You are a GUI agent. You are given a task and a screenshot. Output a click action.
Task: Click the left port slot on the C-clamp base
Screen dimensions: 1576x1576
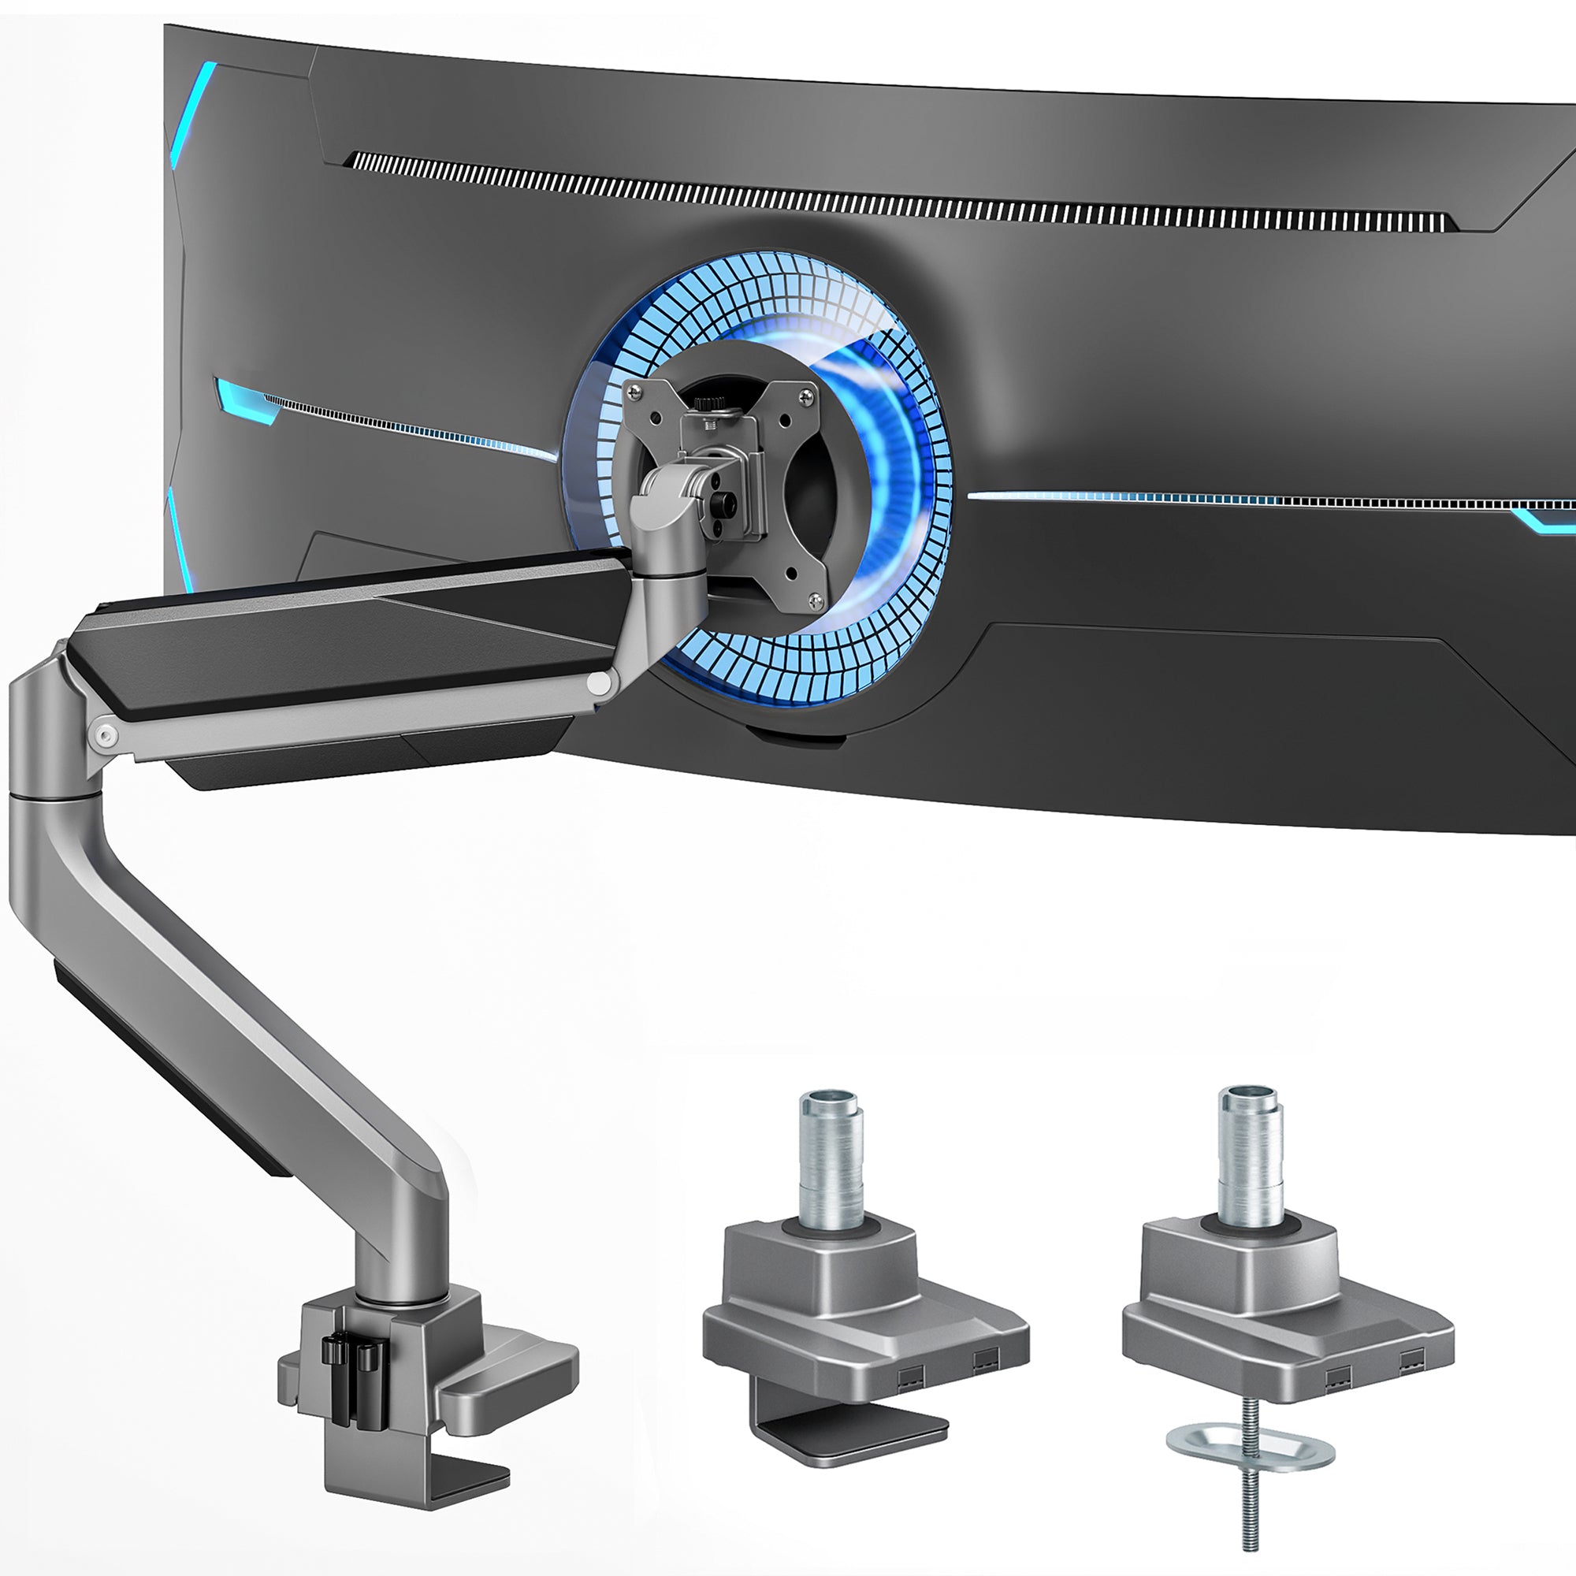908,1377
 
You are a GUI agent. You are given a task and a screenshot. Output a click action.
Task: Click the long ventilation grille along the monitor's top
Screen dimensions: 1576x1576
898,192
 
